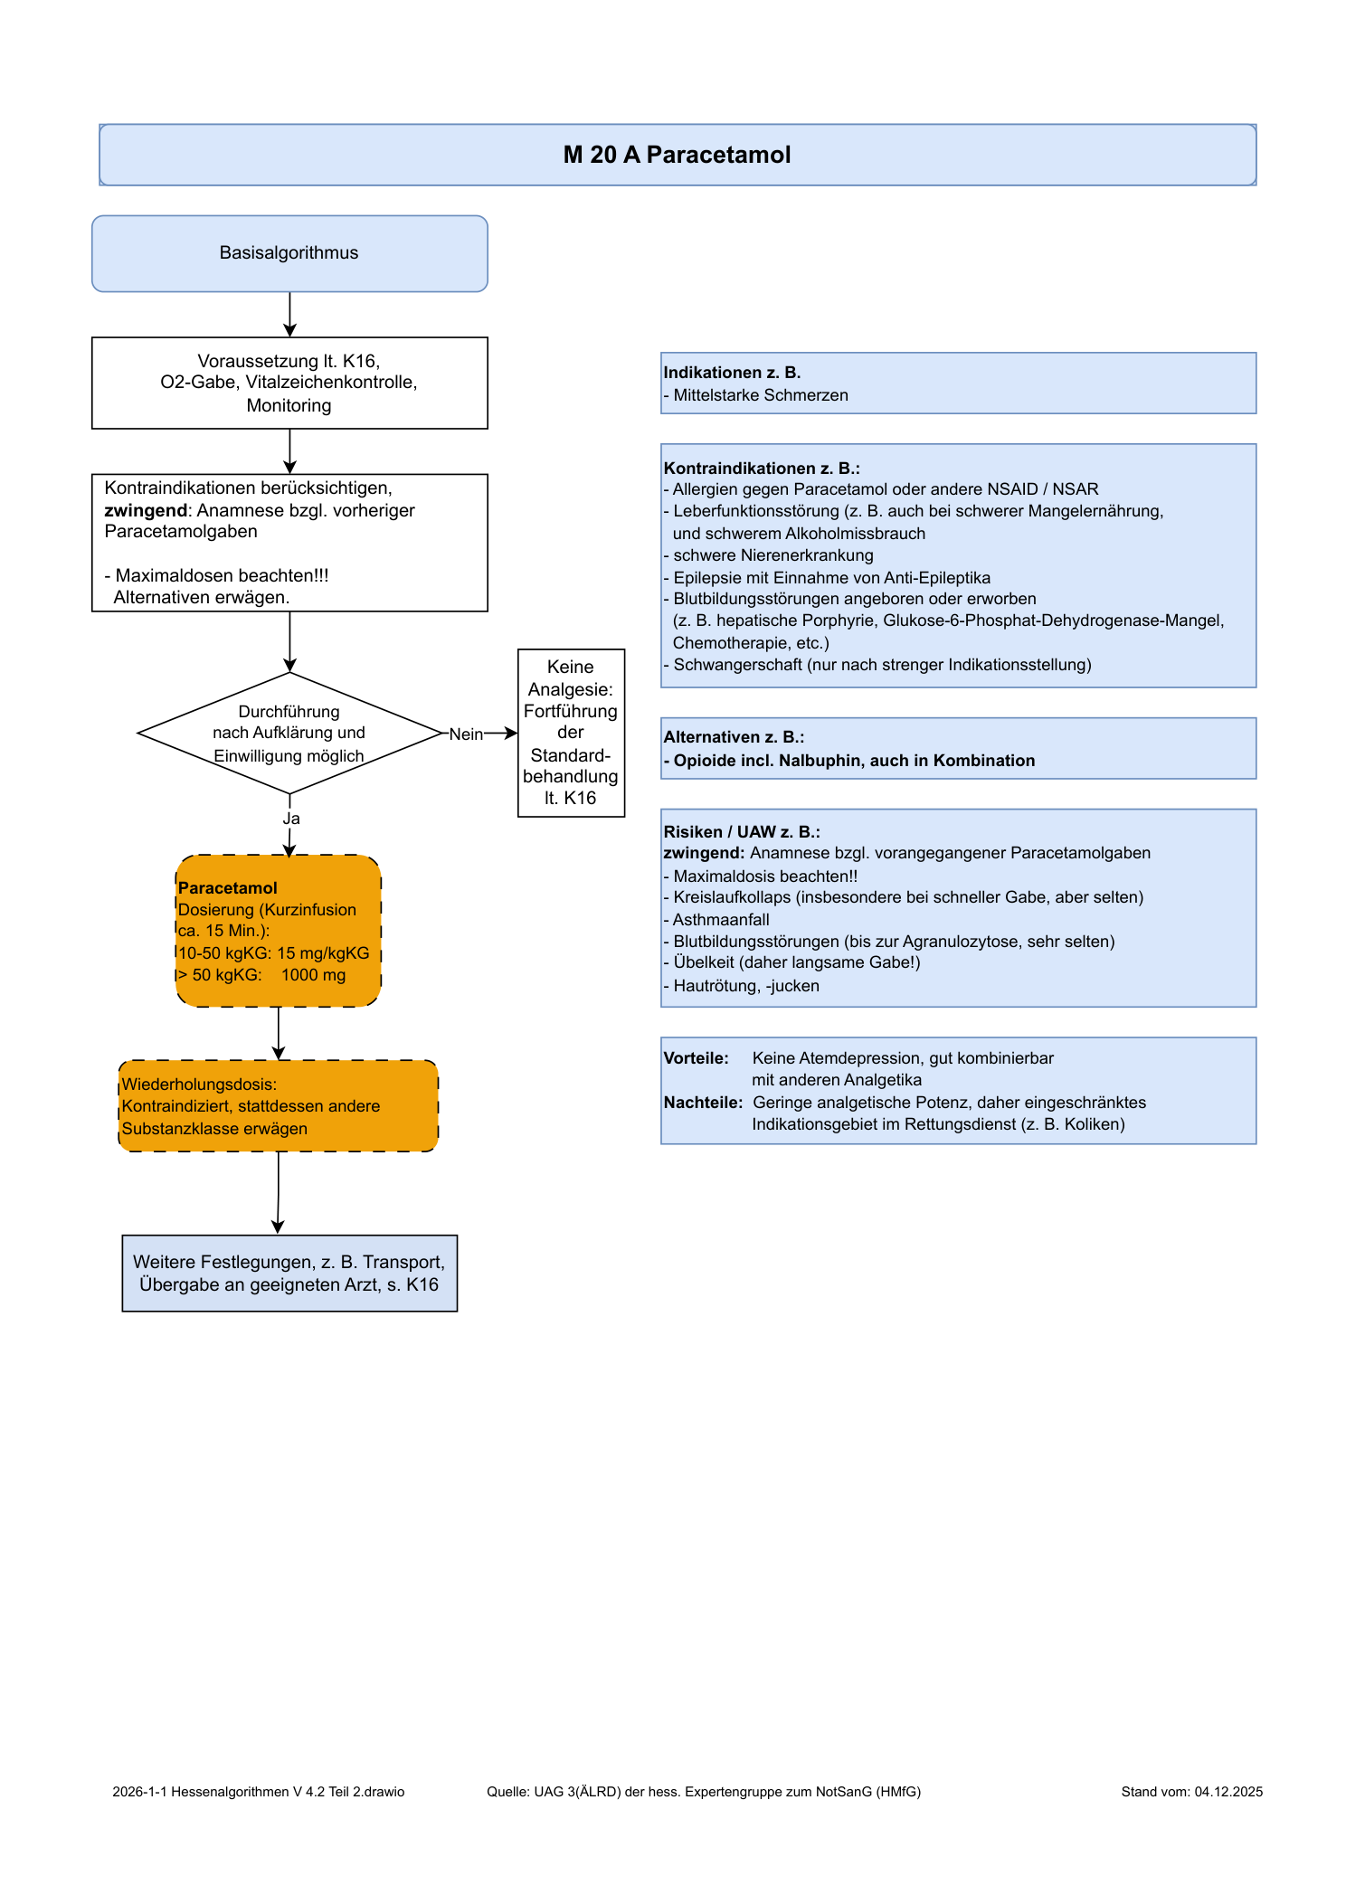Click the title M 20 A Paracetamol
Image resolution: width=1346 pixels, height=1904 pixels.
point(677,155)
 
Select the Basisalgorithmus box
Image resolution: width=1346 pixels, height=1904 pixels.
point(289,253)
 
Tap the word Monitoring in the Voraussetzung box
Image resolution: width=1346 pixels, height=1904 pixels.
point(289,405)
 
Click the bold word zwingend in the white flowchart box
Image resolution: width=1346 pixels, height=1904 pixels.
point(146,510)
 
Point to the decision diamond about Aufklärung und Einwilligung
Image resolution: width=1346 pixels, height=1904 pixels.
point(289,733)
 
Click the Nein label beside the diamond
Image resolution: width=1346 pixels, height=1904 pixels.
point(466,734)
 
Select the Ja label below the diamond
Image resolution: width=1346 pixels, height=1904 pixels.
point(290,819)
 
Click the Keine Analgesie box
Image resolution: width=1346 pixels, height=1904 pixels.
point(571,733)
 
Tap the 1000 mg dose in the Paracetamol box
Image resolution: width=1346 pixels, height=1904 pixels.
point(313,975)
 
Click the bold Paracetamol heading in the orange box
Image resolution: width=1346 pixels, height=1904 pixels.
point(228,888)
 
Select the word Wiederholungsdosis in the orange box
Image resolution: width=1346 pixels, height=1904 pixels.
point(199,1085)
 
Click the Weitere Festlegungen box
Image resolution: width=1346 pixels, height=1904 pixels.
point(289,1274)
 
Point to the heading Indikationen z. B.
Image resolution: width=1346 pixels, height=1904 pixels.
point(732,373)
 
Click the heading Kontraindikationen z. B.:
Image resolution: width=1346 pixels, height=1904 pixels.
point(762,469)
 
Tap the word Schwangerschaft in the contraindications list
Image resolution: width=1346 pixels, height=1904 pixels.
point(737,665)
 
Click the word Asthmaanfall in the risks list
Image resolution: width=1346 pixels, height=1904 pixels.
point(721,920)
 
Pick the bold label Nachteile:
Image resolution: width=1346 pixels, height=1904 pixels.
point(703,1103)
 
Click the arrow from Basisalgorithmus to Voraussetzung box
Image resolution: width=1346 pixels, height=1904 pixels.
point(289,315)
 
